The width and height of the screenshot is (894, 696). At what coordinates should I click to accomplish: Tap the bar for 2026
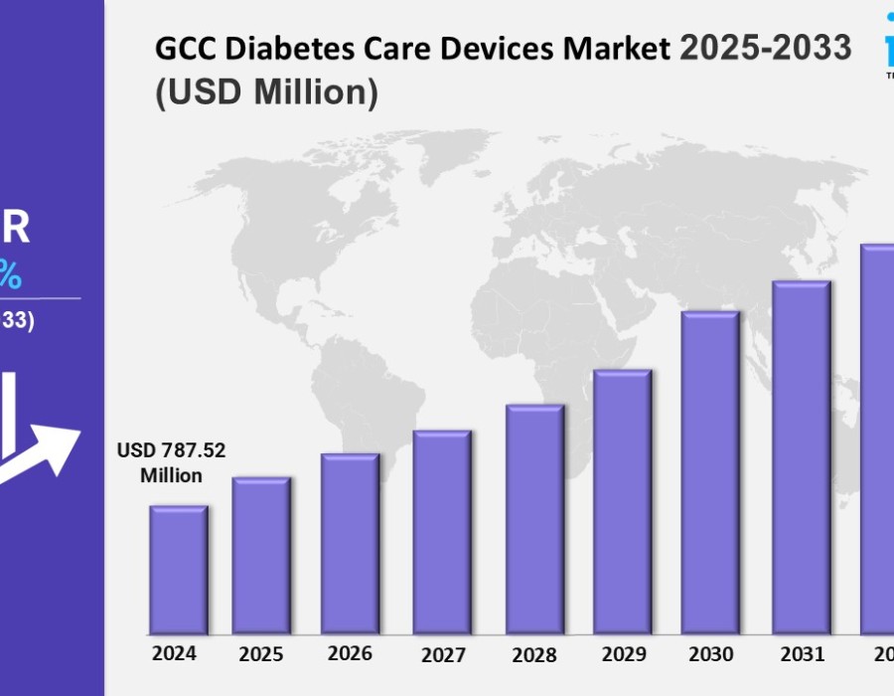[350, 544]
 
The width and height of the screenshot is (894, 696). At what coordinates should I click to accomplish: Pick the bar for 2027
[442, 532]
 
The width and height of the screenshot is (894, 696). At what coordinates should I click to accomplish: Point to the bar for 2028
[534, 519]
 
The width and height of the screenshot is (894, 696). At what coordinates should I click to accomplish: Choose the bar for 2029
[623, 502]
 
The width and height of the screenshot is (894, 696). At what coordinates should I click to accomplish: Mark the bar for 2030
[710, 472]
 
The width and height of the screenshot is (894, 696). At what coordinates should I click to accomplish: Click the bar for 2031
[802, 457]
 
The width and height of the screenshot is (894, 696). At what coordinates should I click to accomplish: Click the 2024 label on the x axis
[174, 653]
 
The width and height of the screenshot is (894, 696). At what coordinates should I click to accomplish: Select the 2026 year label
[350, 653]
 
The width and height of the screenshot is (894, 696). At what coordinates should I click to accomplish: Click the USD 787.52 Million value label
[171, 462]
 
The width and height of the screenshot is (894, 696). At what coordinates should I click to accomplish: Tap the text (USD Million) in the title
[266, 91]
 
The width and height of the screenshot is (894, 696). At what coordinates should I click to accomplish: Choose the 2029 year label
[623, 655]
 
